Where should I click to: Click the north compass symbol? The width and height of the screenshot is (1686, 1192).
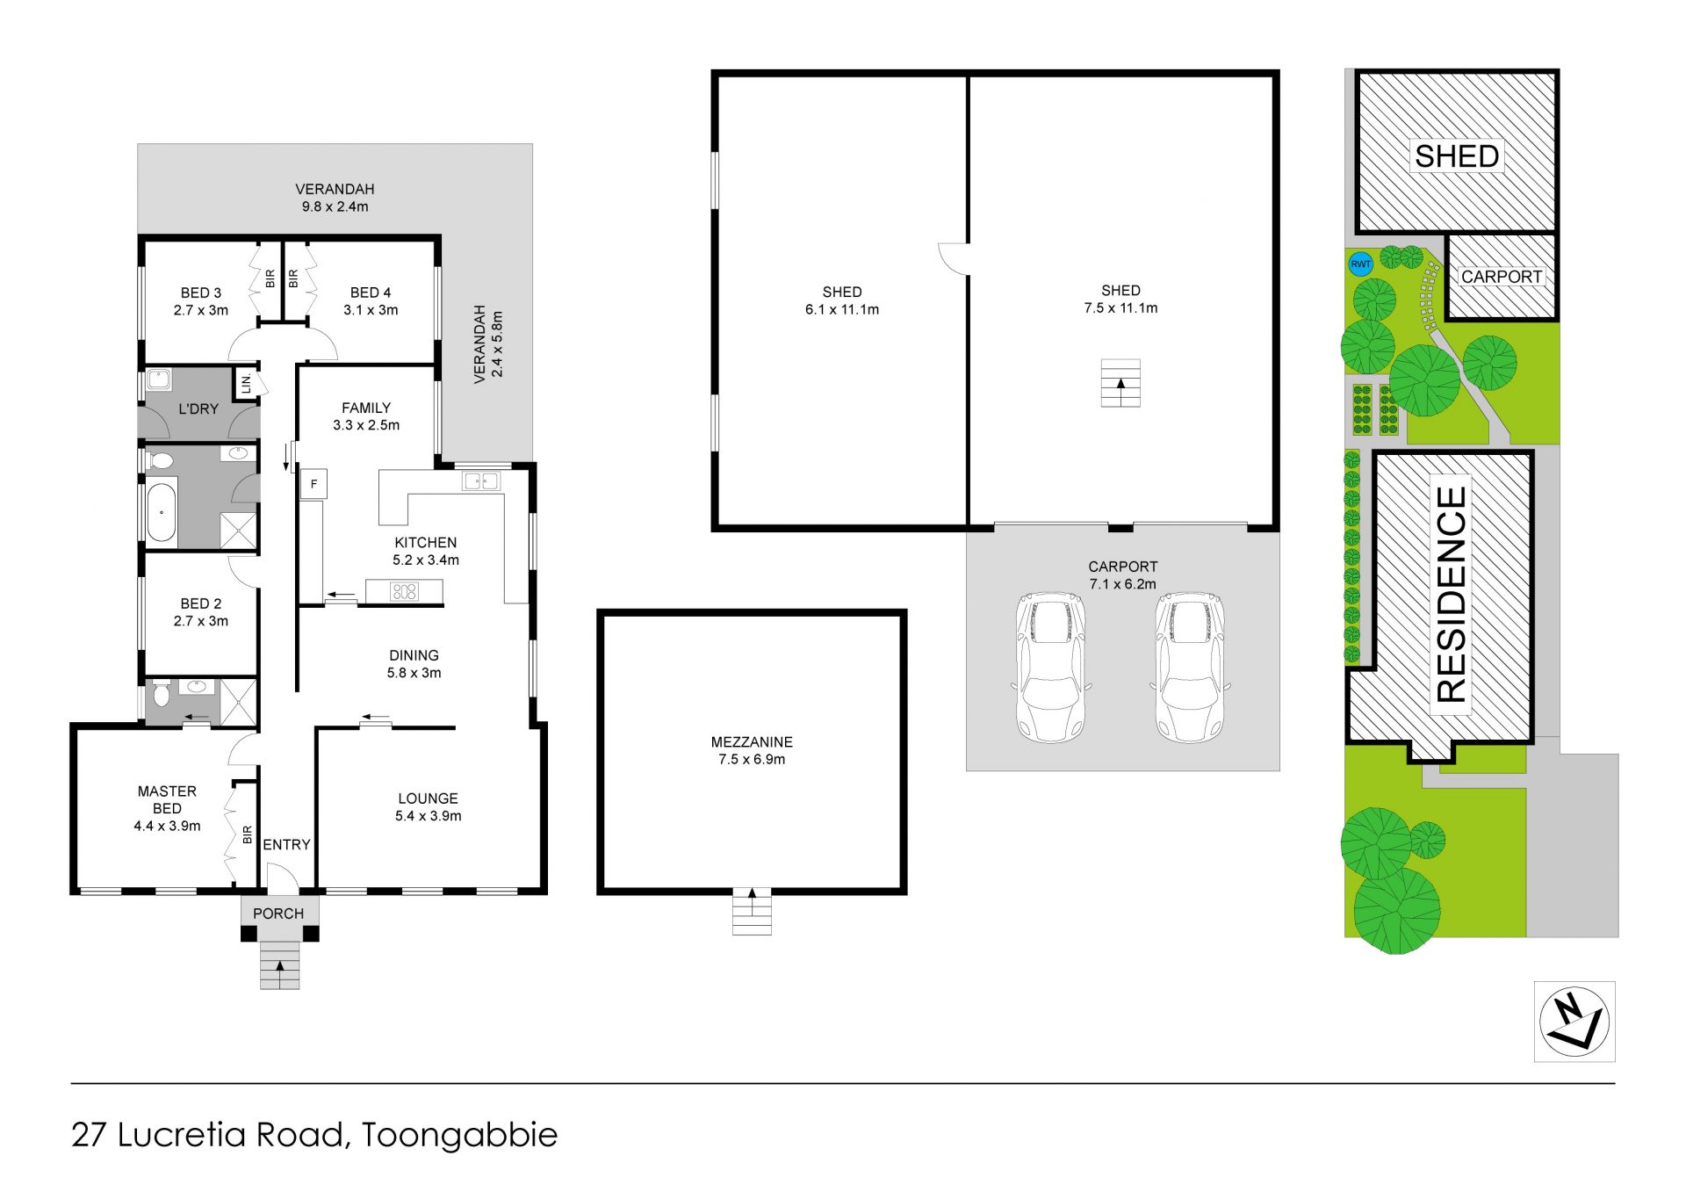coord(1574,1022)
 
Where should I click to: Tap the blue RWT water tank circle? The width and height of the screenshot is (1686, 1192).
coord(1360,264)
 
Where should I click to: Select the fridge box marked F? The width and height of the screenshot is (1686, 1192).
coord(313,484)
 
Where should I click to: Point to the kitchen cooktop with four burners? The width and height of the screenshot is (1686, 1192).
coord(404,592)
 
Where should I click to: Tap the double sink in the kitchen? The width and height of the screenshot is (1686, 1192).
coord(481,481)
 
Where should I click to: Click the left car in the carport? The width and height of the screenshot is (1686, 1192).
coord(1050,667)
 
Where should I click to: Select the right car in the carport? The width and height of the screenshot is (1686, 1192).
coord(1190,667)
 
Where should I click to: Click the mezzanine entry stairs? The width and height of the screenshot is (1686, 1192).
coord(752,911)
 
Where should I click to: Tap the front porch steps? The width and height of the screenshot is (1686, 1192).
coord(279,964)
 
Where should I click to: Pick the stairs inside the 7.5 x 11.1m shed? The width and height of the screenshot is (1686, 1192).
coord(1120,383)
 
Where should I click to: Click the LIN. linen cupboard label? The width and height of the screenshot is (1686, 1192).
coord(247,383)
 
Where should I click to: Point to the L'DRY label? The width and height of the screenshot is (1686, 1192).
coord(198,408)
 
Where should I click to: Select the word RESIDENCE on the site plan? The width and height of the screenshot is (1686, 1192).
coord(1452,595)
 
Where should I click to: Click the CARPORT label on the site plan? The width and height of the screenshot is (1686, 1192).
coord(1502,277)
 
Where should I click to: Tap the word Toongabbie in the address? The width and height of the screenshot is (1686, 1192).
coord(459,1135)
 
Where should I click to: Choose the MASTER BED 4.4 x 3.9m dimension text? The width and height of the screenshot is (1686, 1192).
coord(167,826)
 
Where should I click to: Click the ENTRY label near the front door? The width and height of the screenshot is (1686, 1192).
coord(286,844)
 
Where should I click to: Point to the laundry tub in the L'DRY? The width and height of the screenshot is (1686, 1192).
coord(159,380)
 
